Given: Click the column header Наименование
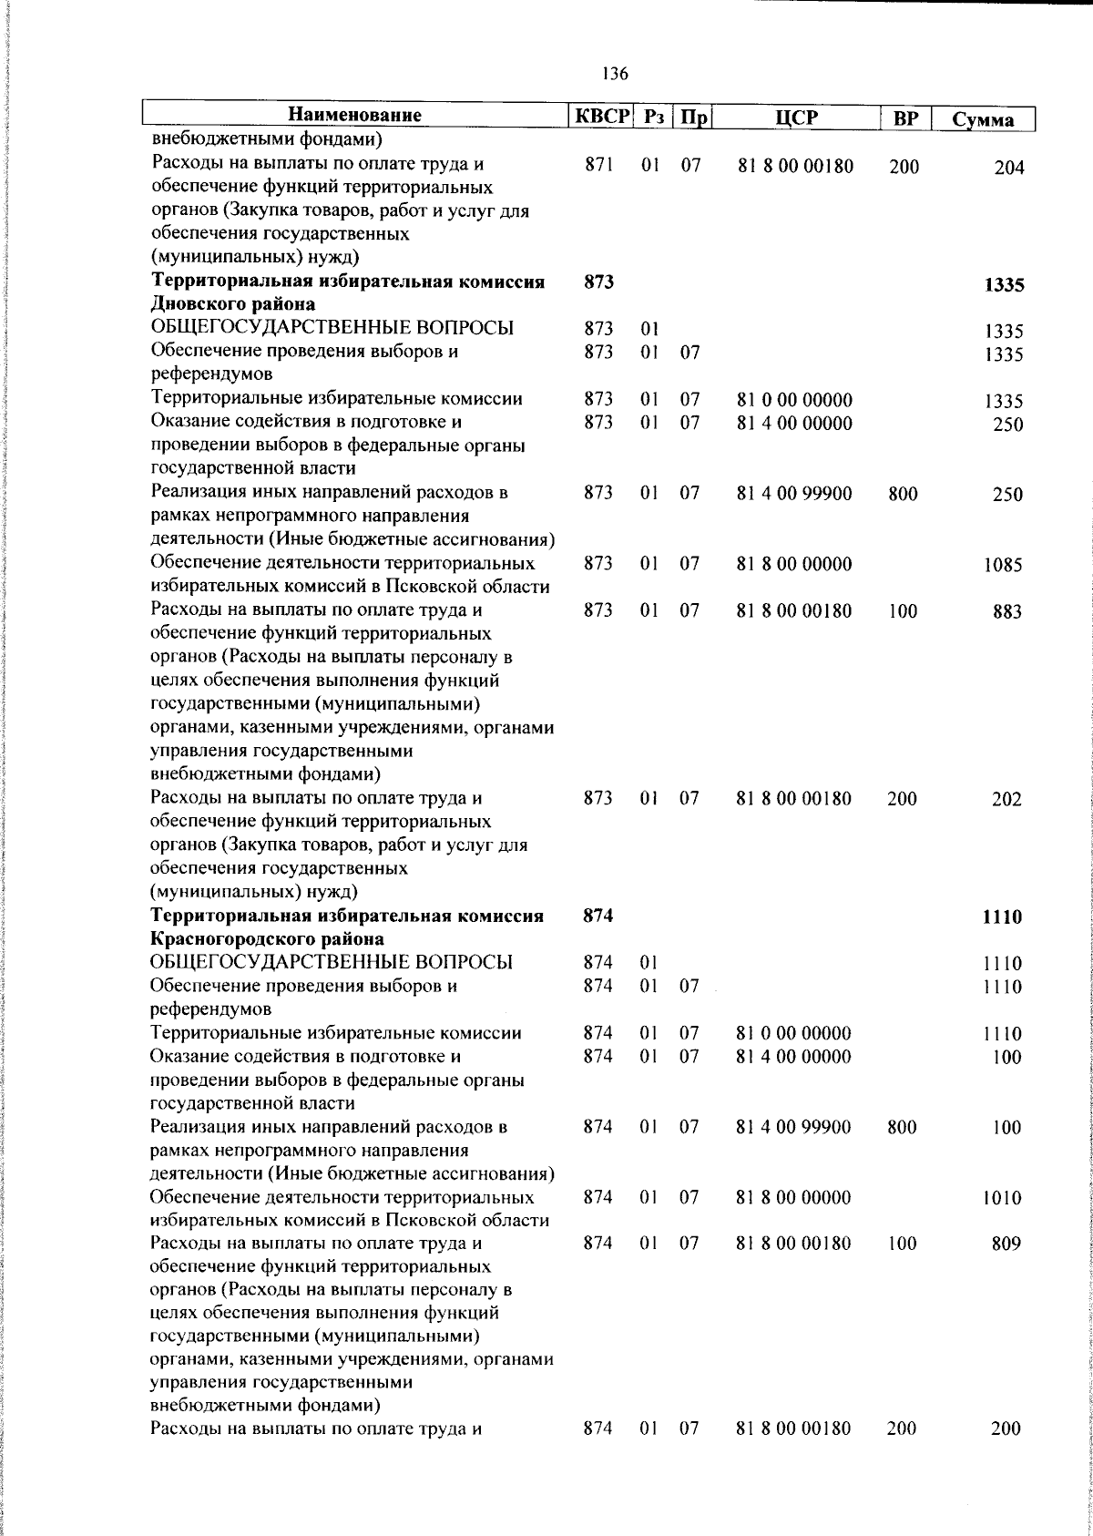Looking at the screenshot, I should pos(355,117).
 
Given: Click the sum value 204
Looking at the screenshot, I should pos(1008,168).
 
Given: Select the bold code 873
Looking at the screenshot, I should pos(598,282).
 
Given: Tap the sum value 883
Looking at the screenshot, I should pos(1007,612).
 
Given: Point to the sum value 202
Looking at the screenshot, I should pos(1006,800).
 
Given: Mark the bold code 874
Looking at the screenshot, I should pos(598,916).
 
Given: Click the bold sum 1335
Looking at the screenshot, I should pos(1004,285).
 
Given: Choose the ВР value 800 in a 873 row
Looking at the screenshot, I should pos(903,495).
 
